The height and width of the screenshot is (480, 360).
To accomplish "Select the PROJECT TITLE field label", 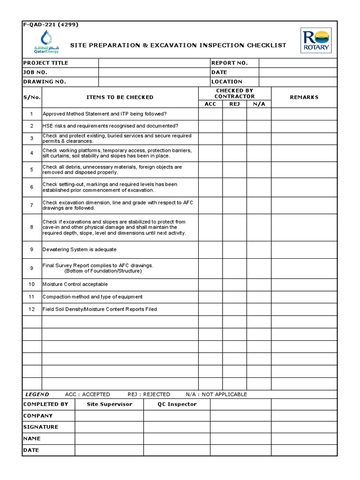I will [46, 63].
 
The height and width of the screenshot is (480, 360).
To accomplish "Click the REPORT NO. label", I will [229, 63].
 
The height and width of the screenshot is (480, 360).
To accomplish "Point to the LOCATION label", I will [227, 82].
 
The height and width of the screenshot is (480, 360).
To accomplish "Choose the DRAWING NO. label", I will [45, 82].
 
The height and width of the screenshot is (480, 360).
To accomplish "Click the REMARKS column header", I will [304, 97].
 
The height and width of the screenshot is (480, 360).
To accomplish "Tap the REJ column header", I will [234, 104].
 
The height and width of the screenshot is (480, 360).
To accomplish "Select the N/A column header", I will [259, 104].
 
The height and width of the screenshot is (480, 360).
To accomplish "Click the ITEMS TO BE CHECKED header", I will [120, 97].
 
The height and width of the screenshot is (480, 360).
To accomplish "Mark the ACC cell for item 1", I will [210, 114].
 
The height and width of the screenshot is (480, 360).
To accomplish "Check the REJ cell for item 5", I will [234, 170].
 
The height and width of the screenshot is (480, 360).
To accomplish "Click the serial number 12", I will [32, 309].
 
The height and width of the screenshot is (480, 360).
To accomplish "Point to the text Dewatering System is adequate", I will [79, 249].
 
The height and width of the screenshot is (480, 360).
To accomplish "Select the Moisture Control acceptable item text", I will [75, 284].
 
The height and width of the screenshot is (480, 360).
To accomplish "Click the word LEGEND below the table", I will [37, 394].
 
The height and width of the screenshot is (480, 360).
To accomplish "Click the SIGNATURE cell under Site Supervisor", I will [109, 427].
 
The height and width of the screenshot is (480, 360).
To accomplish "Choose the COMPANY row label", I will [38, 416].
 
